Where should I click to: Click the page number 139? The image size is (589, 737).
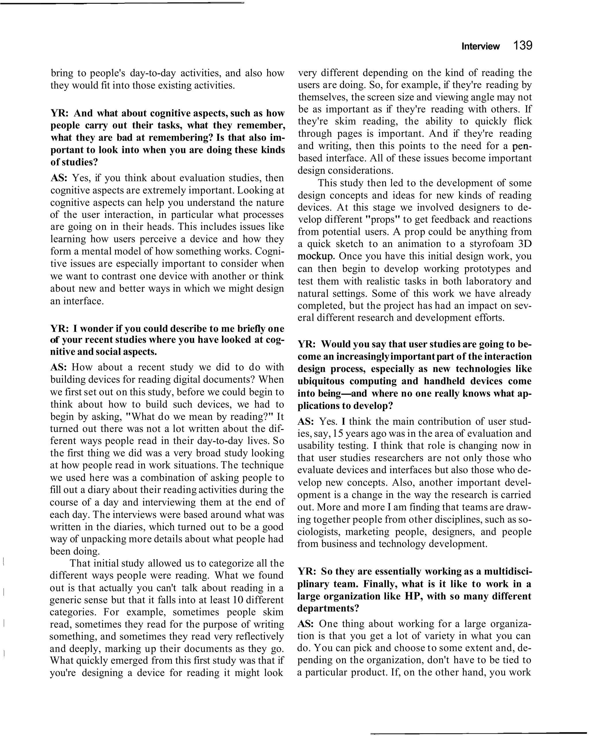click(523, 45)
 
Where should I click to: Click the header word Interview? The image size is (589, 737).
click(480, 47)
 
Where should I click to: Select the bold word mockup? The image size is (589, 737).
click(315, 256)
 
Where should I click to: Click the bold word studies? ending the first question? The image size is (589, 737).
click(79, 162)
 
